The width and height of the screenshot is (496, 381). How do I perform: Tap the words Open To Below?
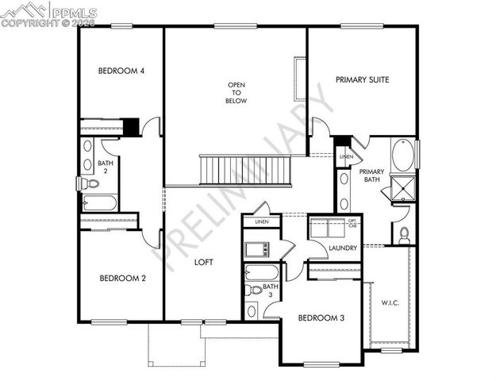point(236,93)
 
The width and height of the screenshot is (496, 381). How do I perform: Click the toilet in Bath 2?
point(90,183)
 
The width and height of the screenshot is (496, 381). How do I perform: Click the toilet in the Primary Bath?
point(404,234)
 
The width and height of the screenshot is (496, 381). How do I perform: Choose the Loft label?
point(204,261)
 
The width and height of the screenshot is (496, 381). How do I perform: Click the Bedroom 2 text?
point(121,279)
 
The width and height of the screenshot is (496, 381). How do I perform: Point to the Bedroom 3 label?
point(321,318)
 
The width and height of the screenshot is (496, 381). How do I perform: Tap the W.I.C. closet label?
point(390,302)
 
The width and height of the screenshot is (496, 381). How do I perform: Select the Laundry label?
point(343,248)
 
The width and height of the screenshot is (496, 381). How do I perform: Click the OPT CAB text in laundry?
point(352,223)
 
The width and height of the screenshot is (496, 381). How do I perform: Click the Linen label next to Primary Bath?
point(345,157)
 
